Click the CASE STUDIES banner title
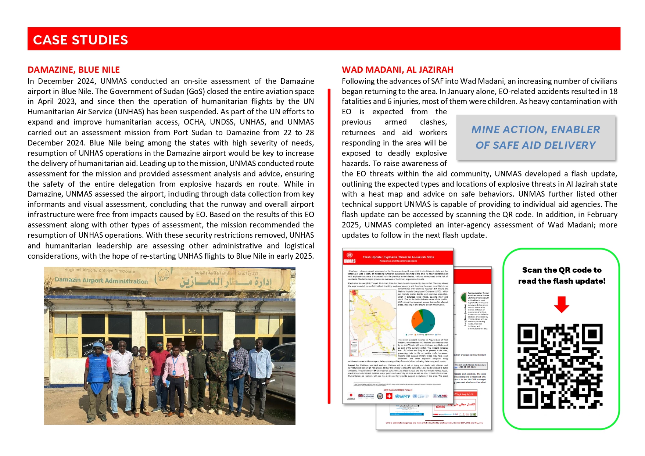(80, 40)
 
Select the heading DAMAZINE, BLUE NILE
(74, 70)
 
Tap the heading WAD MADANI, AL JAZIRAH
(397, 70)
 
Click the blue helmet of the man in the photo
(98, 346)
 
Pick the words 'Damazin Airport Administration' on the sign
(101, 281)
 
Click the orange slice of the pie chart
(417, 319)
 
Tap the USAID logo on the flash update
(440, 396)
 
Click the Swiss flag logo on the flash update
(389, 396)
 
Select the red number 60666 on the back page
(440, 407)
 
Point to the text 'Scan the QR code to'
(562, 270)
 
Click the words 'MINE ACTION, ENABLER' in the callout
(535, 129)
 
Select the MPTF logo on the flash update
(403, 396)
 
